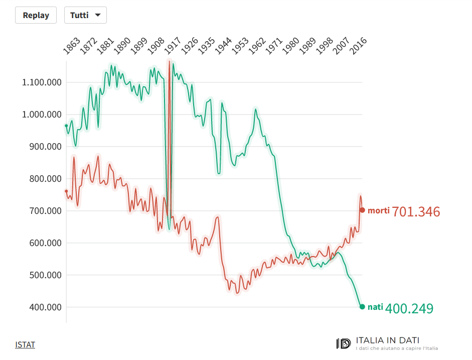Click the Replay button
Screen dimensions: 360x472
[x=36, y=15]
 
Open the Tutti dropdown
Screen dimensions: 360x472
[x=85, y=15]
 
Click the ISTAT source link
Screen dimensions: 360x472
[x=25, y=344]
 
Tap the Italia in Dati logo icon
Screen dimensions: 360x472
[x=344, y=343]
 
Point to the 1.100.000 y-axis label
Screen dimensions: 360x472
[x=42, y=82]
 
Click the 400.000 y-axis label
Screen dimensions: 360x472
[x=44, y=307]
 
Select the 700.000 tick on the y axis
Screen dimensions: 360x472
[x=44, y=211]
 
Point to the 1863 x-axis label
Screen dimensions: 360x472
[x=72, y=45]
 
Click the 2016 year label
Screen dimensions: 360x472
[x=359, y=45]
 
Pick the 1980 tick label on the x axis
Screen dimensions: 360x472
[x=291, y=45]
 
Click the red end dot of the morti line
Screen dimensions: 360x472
[x=362, y=210]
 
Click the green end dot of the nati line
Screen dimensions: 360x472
[x=362, y=307]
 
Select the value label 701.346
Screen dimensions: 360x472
[x=416, y=212]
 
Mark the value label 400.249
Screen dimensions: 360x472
[x=409, y=308]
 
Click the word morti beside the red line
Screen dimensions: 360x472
[x=378, y=210]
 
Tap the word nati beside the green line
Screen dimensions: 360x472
[x=375, y=307]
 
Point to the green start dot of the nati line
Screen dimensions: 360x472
[x=66, y=126]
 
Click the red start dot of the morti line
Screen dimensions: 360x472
[x=66, y=191]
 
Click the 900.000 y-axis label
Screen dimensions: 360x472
[x=44, y=147]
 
